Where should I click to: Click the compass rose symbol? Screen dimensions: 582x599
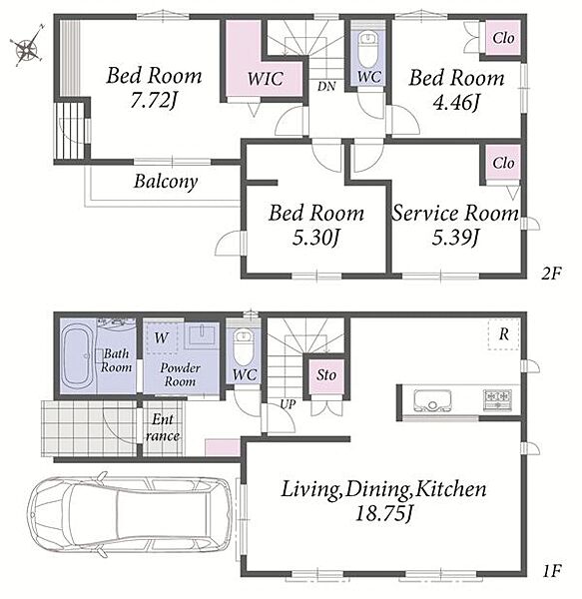coord(28,47)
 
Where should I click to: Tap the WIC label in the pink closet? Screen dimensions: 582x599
coord(265,79)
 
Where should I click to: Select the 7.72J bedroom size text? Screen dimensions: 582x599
coord(154,101)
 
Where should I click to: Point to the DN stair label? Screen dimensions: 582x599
coord(326,86)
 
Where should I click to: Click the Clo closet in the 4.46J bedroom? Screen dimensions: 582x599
coord(502,38)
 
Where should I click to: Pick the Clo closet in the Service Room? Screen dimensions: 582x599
coord(503,163)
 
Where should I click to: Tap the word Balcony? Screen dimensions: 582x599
coord(166,182)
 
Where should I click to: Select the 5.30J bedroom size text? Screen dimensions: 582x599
coord(315,238)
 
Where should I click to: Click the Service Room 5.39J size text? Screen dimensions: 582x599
coord(455,238)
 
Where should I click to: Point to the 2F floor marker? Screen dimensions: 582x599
coord(551,274)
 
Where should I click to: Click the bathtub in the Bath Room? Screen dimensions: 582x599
coord(78,356)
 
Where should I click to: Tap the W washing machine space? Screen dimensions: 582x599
coord(163,337)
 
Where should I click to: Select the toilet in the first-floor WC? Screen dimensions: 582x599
coord(244,346)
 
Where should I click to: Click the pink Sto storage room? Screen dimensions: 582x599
coord(326,375)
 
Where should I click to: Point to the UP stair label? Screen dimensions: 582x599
coord(288,404)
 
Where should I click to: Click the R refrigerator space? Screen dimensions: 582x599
coord(504,333)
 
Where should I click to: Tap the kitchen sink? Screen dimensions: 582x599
coord(432,400)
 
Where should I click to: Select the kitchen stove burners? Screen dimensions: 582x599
coord(497,399)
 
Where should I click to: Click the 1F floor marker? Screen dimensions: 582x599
coord(551,571)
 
